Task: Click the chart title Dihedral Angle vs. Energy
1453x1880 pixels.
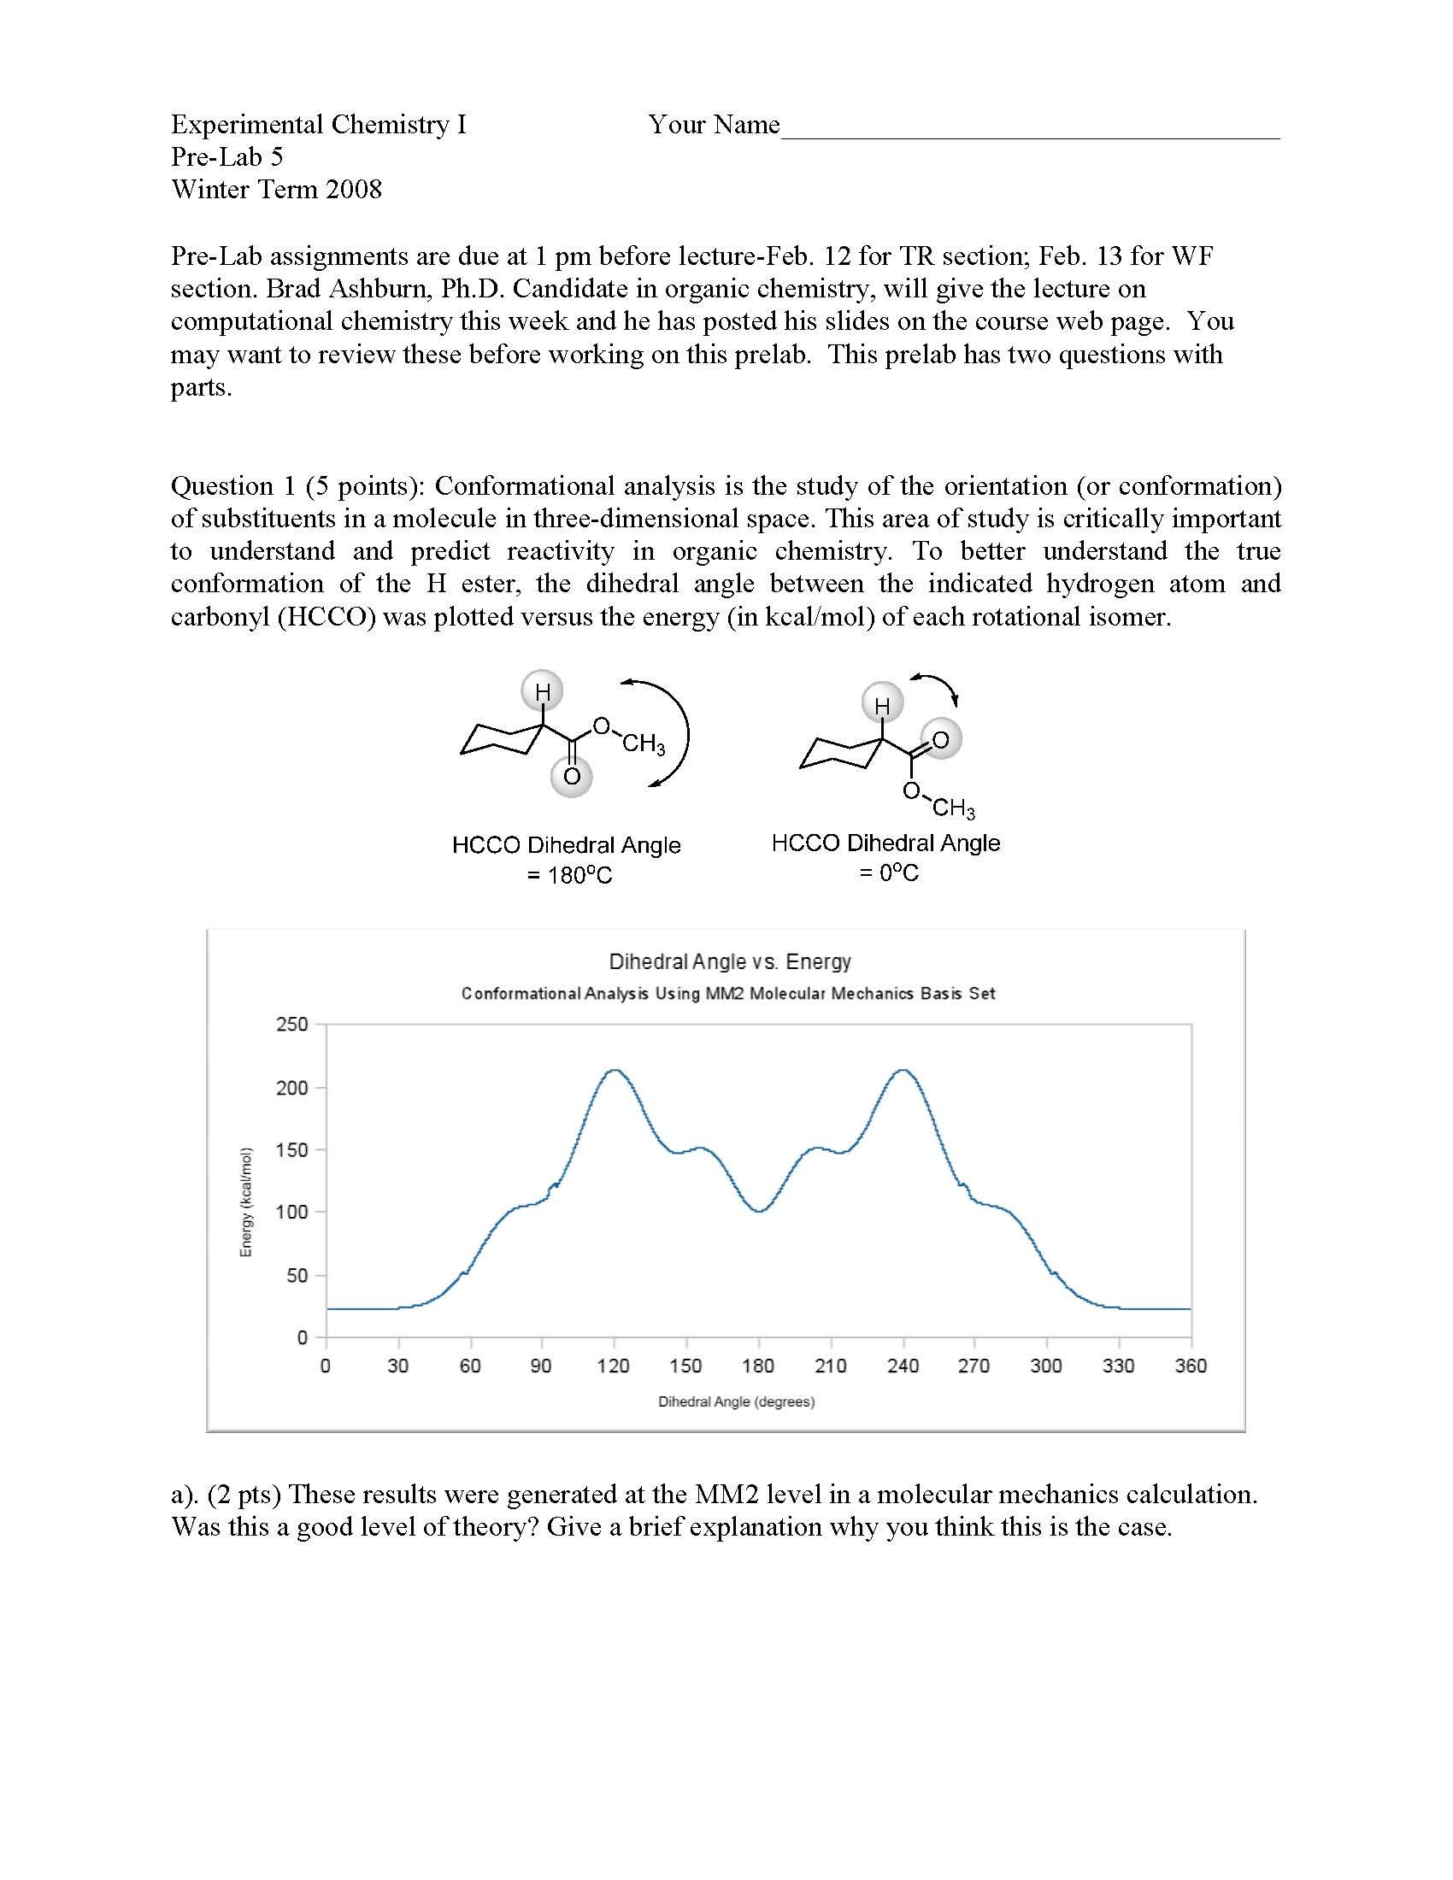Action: click(729, 961)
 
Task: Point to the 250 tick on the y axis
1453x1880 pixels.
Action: click(291, 1025)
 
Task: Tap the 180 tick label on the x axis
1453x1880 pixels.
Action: click(757, 1366)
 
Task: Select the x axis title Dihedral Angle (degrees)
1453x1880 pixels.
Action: click(736, 1402)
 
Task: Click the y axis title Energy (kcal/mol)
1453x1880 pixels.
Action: click(246, 1202)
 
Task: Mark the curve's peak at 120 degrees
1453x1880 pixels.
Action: click(615, 1070)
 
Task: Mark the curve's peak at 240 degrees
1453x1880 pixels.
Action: click(903, 1070)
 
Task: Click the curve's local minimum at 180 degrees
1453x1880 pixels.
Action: click(758, 1211)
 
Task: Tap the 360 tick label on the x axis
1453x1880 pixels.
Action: click(1191, 1366)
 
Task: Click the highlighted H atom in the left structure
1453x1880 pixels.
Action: click(542, 690)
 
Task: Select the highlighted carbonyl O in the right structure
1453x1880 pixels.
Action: click(940, 739)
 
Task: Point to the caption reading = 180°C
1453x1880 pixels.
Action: click(569, 875)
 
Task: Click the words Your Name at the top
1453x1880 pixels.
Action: click(714, 125)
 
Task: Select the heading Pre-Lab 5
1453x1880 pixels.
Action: click(226, 156)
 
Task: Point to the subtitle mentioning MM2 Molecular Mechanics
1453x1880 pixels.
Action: click(728, 993)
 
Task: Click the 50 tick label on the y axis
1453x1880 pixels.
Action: click(296, 1276)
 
